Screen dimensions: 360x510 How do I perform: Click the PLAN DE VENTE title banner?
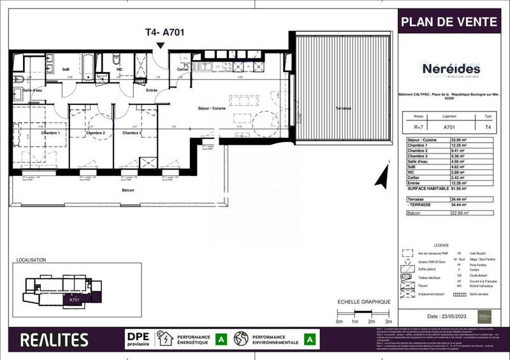tap(449, 22)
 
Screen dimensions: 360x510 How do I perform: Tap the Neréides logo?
tap(451, 69)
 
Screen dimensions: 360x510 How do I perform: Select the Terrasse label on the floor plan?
tap(344, 109)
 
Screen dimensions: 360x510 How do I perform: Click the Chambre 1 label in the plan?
tap(51, 133)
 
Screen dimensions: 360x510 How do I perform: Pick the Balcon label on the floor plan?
tap(129, 190)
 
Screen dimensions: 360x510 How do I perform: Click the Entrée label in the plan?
tap(152, 90)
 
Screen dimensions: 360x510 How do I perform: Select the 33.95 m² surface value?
tap(460, 139)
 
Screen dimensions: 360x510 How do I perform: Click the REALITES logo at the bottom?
tap(54, 340)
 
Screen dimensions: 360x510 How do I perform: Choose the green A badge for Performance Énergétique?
tap(221, 339)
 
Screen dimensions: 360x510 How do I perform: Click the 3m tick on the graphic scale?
tap(388, 322)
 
